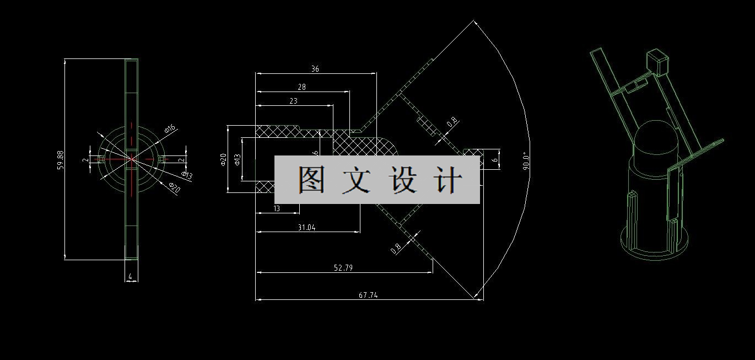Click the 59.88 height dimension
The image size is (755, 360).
(61, 159)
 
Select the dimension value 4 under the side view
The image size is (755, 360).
(131, 276)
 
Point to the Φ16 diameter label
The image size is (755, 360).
(170, 129)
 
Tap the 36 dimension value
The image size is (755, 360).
(315, 69)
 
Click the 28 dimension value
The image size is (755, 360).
(301, 87)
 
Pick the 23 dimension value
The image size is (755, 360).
(293, 101)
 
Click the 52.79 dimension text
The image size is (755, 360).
(343, 268)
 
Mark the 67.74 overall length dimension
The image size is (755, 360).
(368, 295)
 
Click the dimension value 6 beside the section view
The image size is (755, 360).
(495, 159)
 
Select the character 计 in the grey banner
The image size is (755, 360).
(447, 180)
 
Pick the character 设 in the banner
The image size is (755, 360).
(402, 180)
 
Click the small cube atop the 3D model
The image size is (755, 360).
(657, 61)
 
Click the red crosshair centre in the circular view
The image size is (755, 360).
(132, 159)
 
